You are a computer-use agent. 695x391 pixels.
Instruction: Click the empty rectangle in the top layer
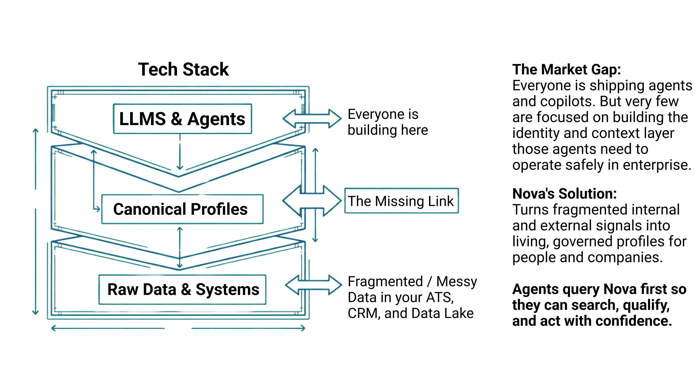click(182, 119)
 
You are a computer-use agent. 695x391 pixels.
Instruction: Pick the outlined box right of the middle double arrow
click(401, 201)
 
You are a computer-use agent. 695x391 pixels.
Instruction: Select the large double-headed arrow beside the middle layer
click(312, 200)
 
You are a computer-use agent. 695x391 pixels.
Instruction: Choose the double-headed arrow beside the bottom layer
click(314, 285)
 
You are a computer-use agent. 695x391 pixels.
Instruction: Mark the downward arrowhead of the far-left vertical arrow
click(35, 313)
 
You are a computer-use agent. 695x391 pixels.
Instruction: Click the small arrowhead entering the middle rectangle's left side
click(98, 209)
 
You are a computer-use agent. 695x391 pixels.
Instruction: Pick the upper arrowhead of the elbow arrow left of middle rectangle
click(93, 152)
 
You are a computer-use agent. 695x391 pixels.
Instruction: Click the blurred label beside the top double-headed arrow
click(386, 122)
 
